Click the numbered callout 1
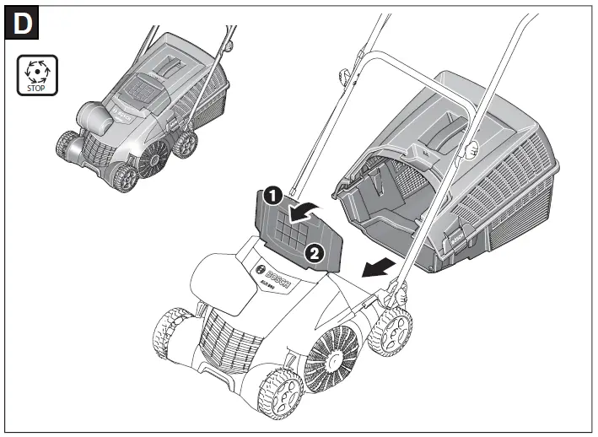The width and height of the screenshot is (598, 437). (x=271, y=195)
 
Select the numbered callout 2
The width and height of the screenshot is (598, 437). (x=313, y=251)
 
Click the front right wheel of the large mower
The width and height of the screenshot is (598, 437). (x=282, y=392)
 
